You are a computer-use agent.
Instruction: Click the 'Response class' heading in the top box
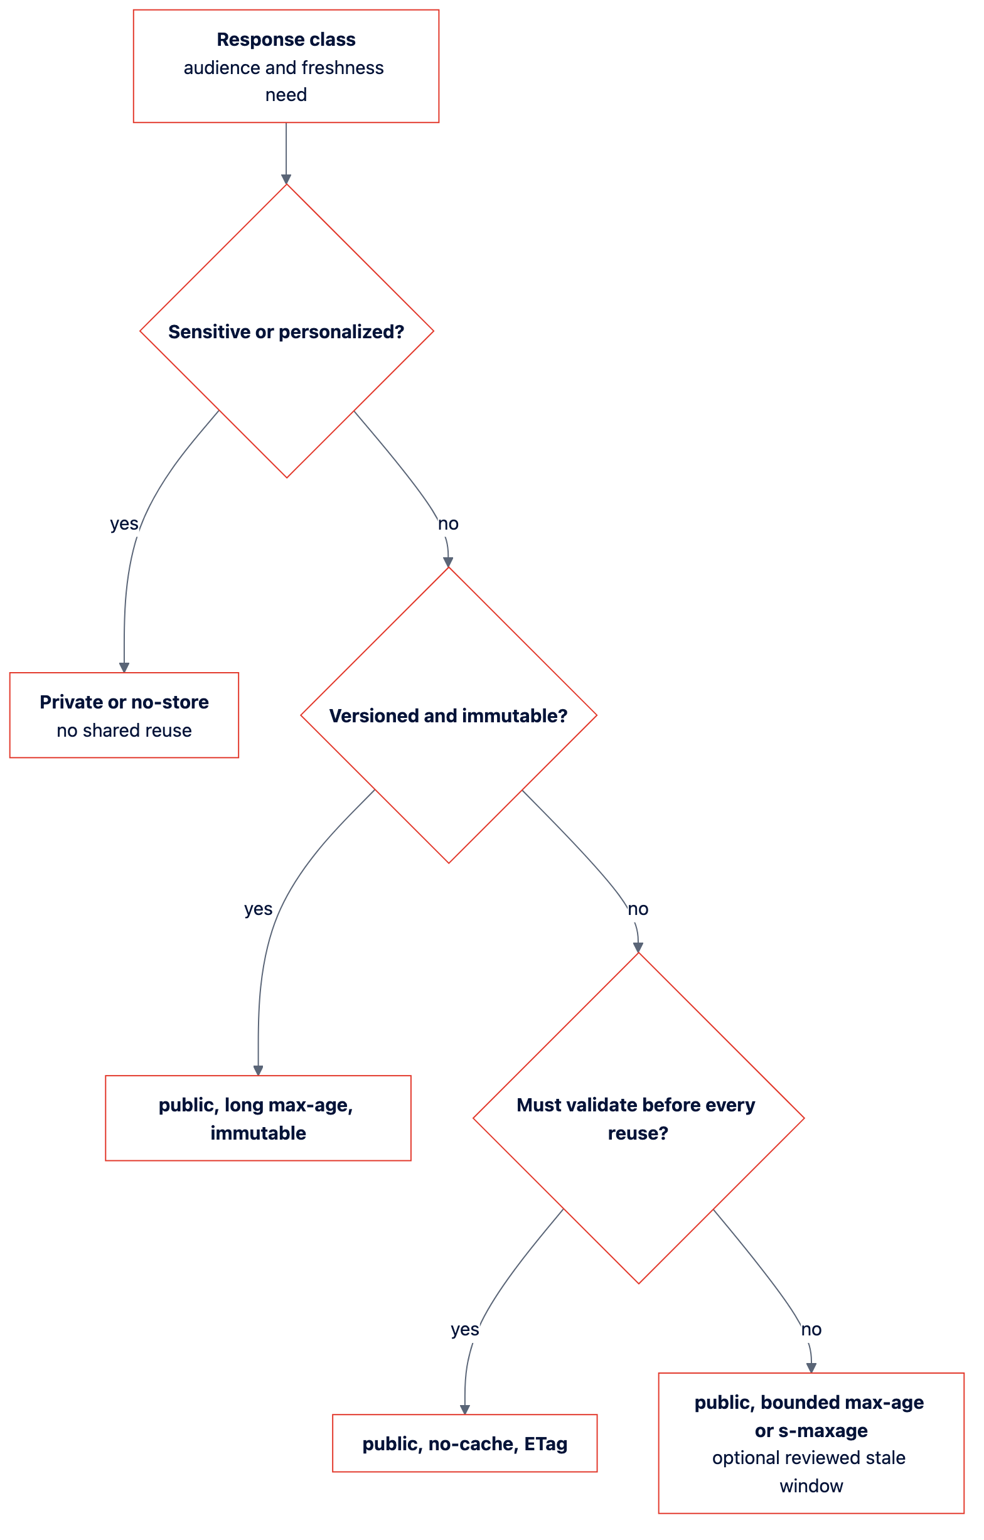[x=286, y=40]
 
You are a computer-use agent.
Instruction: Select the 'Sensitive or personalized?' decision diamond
[x=286, y=331]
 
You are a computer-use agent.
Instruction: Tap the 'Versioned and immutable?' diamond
[x=449, y=715]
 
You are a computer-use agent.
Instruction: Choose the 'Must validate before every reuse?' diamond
[x=638, y=1118]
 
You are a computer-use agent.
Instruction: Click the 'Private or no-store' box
[x=124, y=715]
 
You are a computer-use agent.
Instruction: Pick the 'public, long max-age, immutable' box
[x=259, y=1118]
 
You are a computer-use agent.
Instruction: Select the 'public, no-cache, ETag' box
[x=465, y=1443]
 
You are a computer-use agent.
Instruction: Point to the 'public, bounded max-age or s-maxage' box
[x=811, y=1443]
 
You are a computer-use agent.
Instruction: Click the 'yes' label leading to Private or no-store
[x=124, y=524]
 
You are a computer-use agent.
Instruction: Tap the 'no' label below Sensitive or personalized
[x=448, y=524]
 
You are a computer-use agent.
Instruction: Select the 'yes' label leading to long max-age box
[x=259, y=909]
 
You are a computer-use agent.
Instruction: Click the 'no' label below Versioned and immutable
[x=638, y=909]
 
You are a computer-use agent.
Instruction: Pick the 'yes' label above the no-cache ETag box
[x=465, y=1329]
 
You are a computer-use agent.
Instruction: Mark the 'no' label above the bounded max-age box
[x=811, y=1329]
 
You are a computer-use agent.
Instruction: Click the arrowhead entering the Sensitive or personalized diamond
[x=286, y=179]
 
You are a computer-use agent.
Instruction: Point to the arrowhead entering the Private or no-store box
[x=124, y=668]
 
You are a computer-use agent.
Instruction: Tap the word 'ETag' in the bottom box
[x=546, y=1444]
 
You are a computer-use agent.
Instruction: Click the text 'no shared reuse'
[x=124, y=730]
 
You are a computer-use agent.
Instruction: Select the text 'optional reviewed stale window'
[x=810, y=1472]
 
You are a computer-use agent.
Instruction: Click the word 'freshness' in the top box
[x=343, y=68]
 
